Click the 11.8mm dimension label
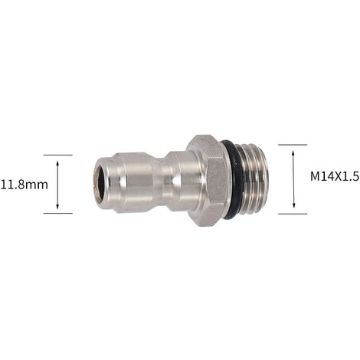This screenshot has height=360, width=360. tap(25, 185)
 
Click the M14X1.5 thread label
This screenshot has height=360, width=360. tap(335, 176)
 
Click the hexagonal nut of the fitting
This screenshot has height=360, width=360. tap(206, 181)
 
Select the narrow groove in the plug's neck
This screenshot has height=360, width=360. tap(162, 182)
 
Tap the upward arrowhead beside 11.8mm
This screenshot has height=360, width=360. tap(57, 164)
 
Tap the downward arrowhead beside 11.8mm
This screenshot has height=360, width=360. tap(57, 206)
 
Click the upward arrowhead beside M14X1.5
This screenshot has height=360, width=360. tap(293, 153)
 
